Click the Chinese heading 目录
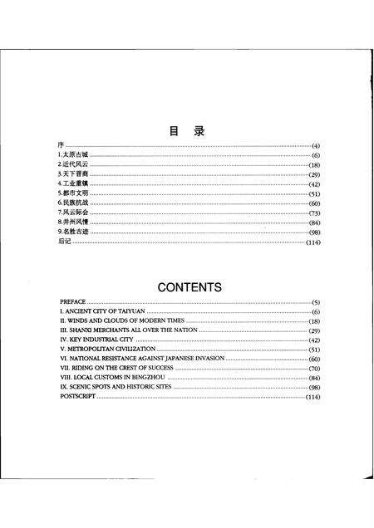click(188, 130)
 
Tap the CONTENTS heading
click(189, 288)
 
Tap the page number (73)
click(315, 213)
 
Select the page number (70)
click(314, 369)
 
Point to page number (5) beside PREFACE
click(316, 301)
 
